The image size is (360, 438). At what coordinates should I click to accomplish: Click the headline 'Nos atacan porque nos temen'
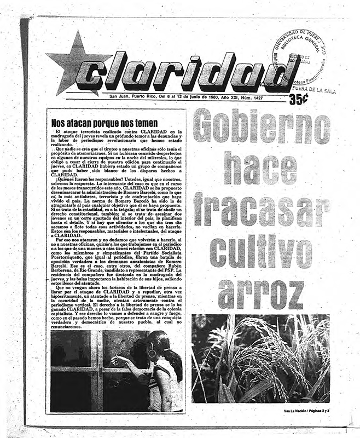(104, 123)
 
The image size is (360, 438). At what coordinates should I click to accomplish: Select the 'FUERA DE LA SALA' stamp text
(313, 90)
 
